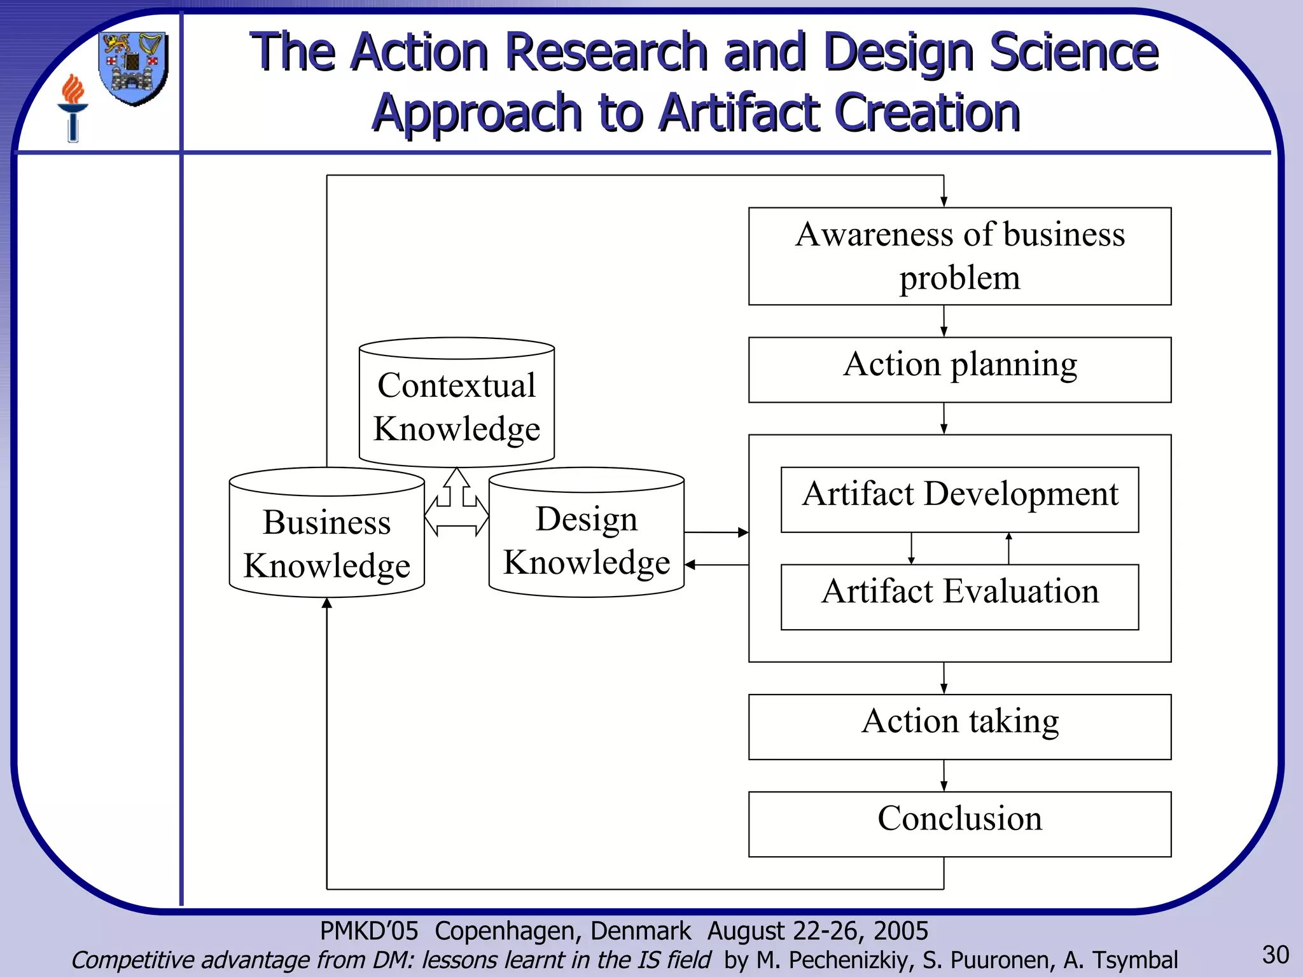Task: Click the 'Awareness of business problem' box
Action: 959,256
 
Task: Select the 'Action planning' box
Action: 959,370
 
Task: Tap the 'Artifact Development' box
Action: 959,499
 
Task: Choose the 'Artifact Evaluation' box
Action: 959,597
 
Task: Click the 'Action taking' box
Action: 959,726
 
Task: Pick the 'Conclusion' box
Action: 959,824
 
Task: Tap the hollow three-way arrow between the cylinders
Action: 456,506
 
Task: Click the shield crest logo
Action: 134,68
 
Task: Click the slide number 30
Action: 1275,955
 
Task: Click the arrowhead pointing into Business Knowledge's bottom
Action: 327,604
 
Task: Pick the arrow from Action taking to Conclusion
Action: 944,775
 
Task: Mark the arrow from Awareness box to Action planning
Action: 944,321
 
